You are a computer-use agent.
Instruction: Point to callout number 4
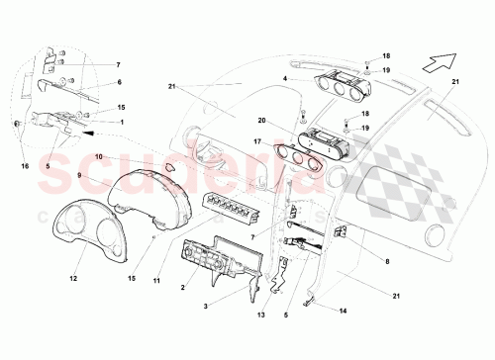click(x=284, y=77)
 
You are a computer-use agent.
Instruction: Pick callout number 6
click(x=120, y=82)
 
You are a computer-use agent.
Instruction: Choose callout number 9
click(x=81, y=174)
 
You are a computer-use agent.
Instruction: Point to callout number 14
click(x=345, y=310)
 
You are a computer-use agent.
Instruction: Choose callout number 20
click(x=261, y=122)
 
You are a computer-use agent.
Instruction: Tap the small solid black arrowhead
click(x=88, y=130)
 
